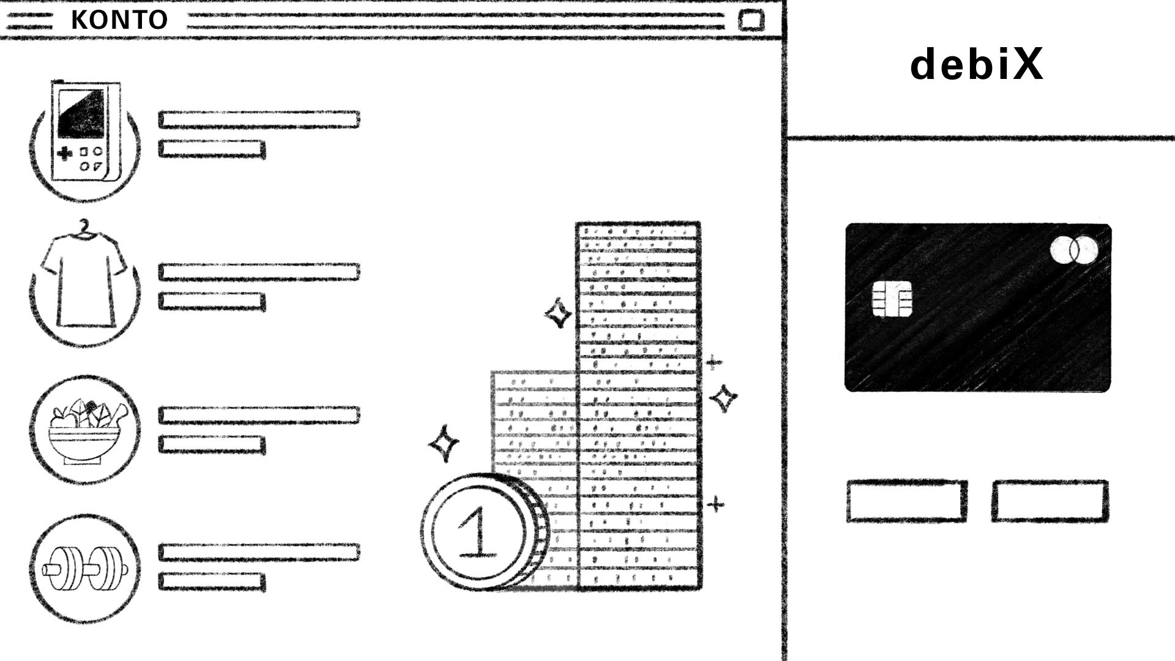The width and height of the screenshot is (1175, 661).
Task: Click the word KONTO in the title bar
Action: coord(119,20)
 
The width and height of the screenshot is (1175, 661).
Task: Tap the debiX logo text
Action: coord(977,64)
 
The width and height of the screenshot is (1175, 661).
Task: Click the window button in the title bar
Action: coord(751,20)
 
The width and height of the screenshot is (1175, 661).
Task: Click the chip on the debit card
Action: coord(892,299)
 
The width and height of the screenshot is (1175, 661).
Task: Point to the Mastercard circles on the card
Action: coord(1073,250)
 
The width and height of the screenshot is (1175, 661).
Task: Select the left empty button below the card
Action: coord(907,501)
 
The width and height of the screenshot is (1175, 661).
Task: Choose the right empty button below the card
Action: coord(1050,501)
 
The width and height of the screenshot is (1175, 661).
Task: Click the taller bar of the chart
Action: coord(638,404)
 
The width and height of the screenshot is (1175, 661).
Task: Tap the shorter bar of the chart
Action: coord(534,428)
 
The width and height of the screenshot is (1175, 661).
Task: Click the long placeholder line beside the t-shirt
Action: coord(259,272)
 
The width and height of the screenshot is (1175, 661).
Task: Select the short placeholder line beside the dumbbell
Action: coord(212,581)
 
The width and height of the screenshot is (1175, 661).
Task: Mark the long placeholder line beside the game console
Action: coord(259,119)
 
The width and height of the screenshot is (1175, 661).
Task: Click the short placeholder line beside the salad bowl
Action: coord(212,445)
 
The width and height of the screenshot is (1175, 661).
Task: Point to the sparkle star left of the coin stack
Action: coord(444,443)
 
